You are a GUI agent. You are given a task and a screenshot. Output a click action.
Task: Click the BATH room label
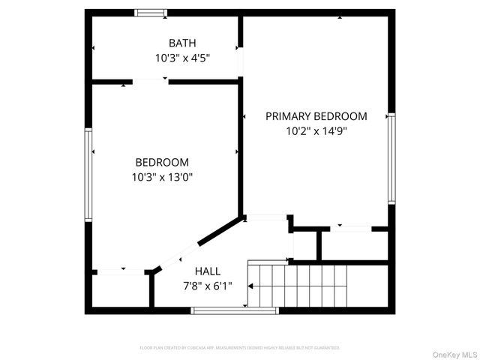[x=181, y=43]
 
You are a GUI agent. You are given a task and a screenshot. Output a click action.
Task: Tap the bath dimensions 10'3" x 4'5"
[x=181, y=57]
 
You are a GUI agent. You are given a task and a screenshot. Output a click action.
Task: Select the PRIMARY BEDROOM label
[x=316, y=116]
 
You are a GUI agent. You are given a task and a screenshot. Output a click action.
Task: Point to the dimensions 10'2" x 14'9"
[x=316, y=130]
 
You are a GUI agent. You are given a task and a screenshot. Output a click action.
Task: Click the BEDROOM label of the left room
[x=162, y=162]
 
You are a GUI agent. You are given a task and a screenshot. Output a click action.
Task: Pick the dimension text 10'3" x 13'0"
[x=162, y=177]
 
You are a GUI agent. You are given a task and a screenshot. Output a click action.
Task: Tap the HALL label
[x=208, y=271]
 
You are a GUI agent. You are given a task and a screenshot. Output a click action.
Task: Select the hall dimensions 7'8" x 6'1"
[x=208, y=286]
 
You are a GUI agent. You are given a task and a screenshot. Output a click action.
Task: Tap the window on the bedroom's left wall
[x=88, y=174]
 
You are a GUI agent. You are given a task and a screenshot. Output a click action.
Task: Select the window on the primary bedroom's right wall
[x=391, y=158]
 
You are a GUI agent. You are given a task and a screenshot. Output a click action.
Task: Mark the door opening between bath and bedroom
[x=150, y=81]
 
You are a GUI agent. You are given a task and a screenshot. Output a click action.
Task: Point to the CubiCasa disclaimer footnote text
[x=240, y=348]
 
